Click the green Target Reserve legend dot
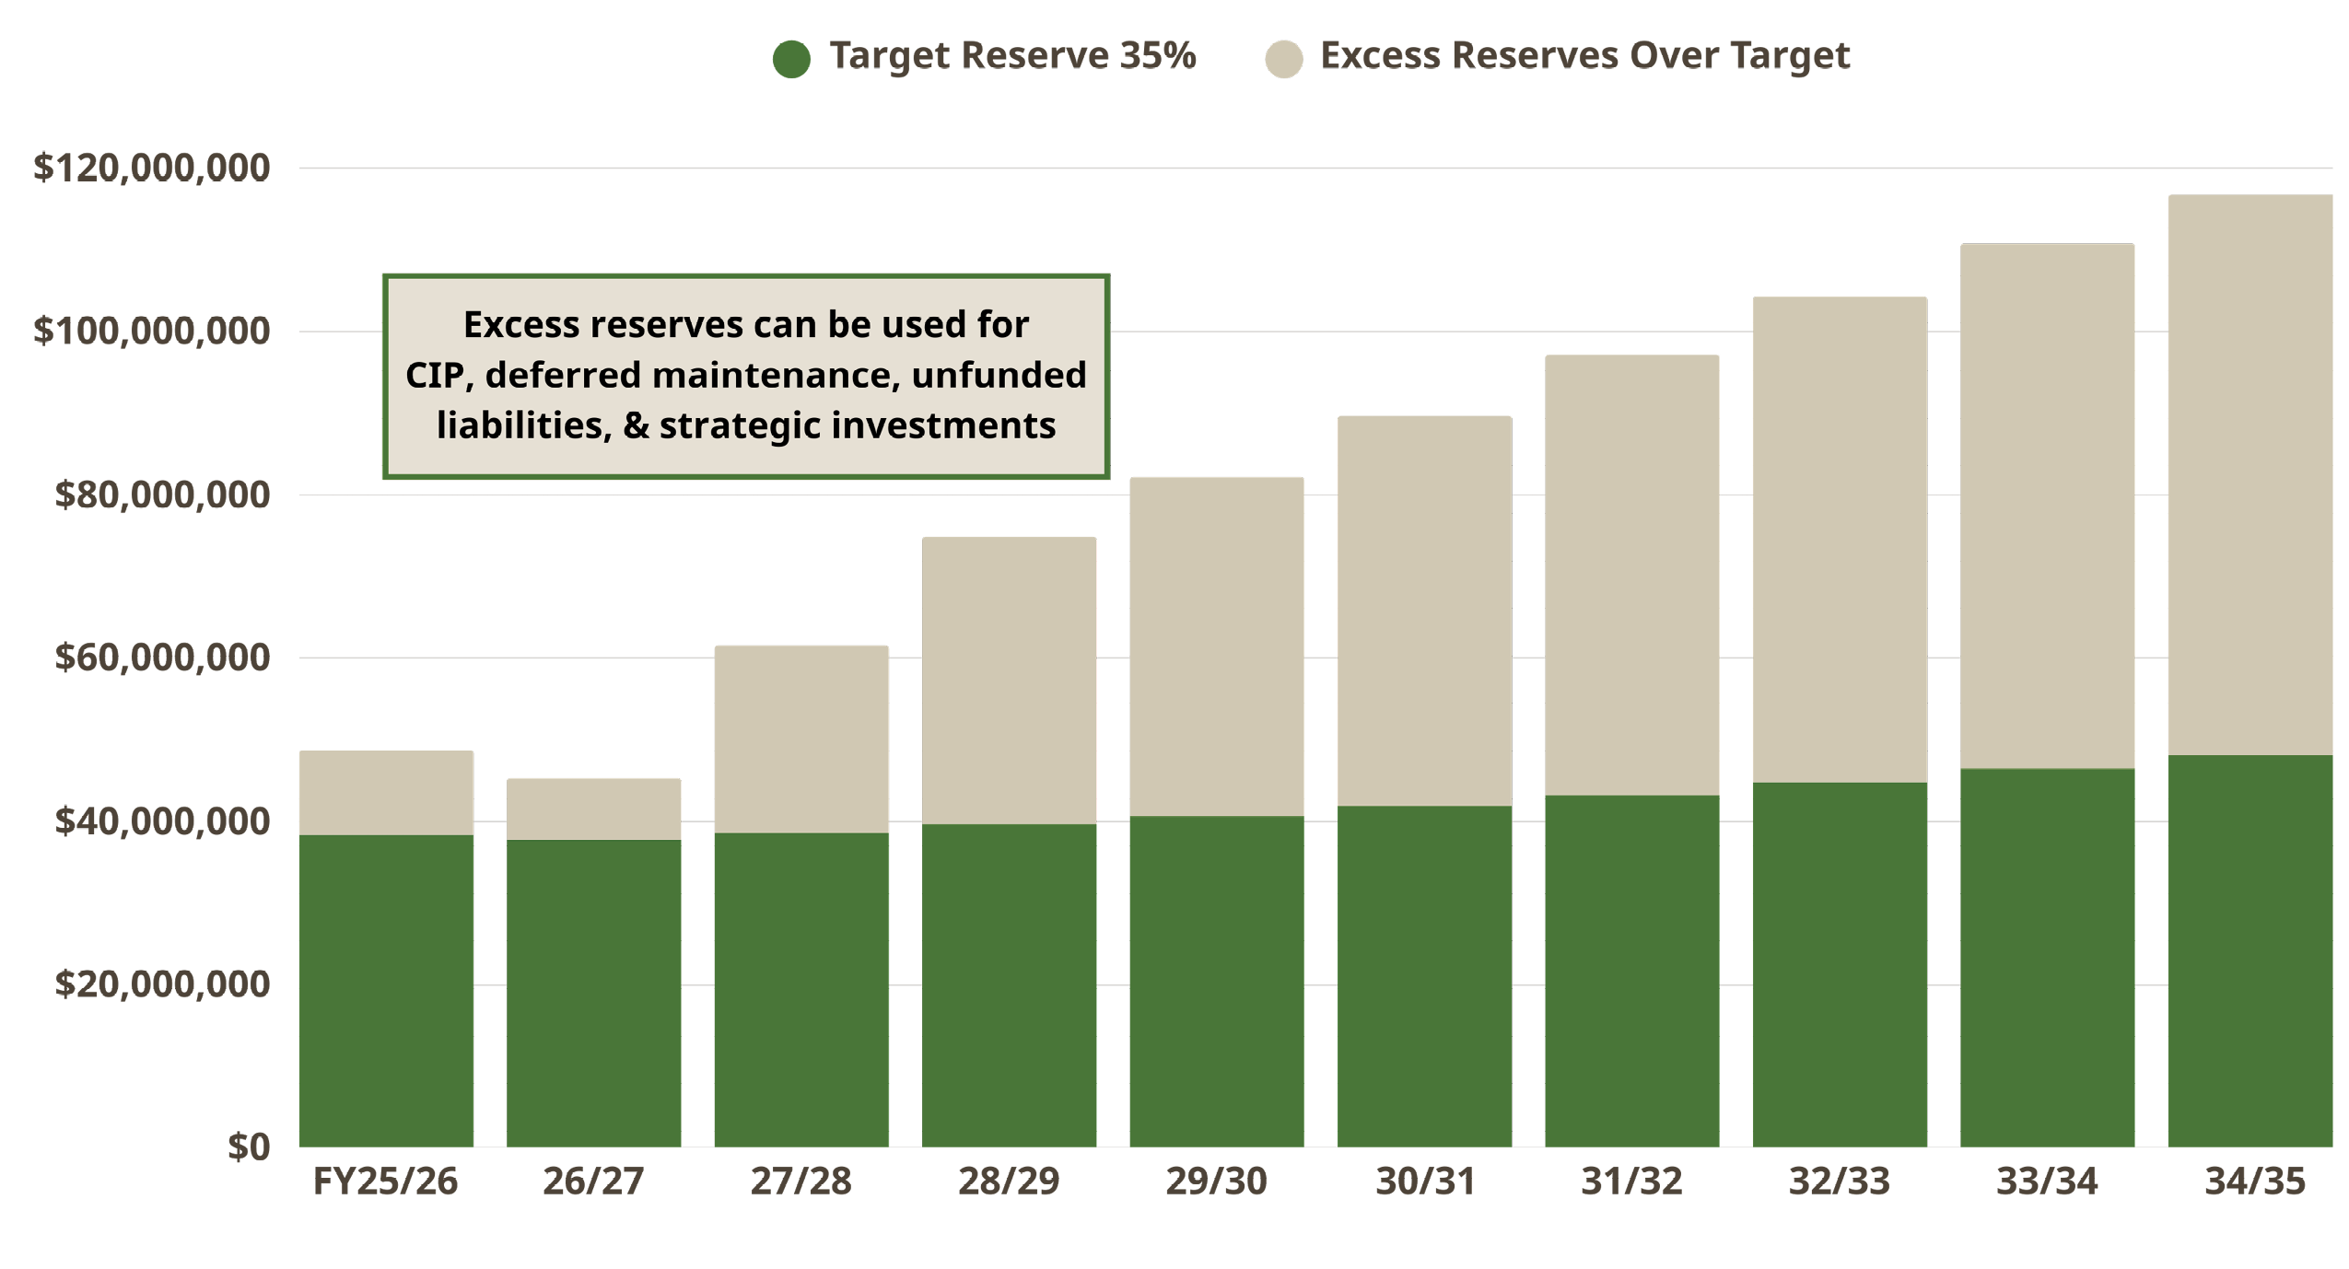(790, 59)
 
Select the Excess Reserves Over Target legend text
(1584, 55)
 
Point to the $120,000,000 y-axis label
(152, 168)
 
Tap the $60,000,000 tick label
(162, 658)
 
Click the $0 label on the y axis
(249, 1147)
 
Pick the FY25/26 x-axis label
(385, 1182)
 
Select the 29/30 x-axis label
(1216, 1182)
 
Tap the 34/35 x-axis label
(2254, 1182)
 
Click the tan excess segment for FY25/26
(386, 793)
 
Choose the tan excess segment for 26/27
(593, 809)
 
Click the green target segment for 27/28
(801, 990)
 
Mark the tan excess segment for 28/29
(1009, 681)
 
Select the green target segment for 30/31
(1424, 976)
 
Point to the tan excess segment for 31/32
(1631, 576)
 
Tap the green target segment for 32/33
(1840, 964)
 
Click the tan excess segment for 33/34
(2047, 506)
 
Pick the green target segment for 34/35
(2250, 950)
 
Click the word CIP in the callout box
(433, 376)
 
